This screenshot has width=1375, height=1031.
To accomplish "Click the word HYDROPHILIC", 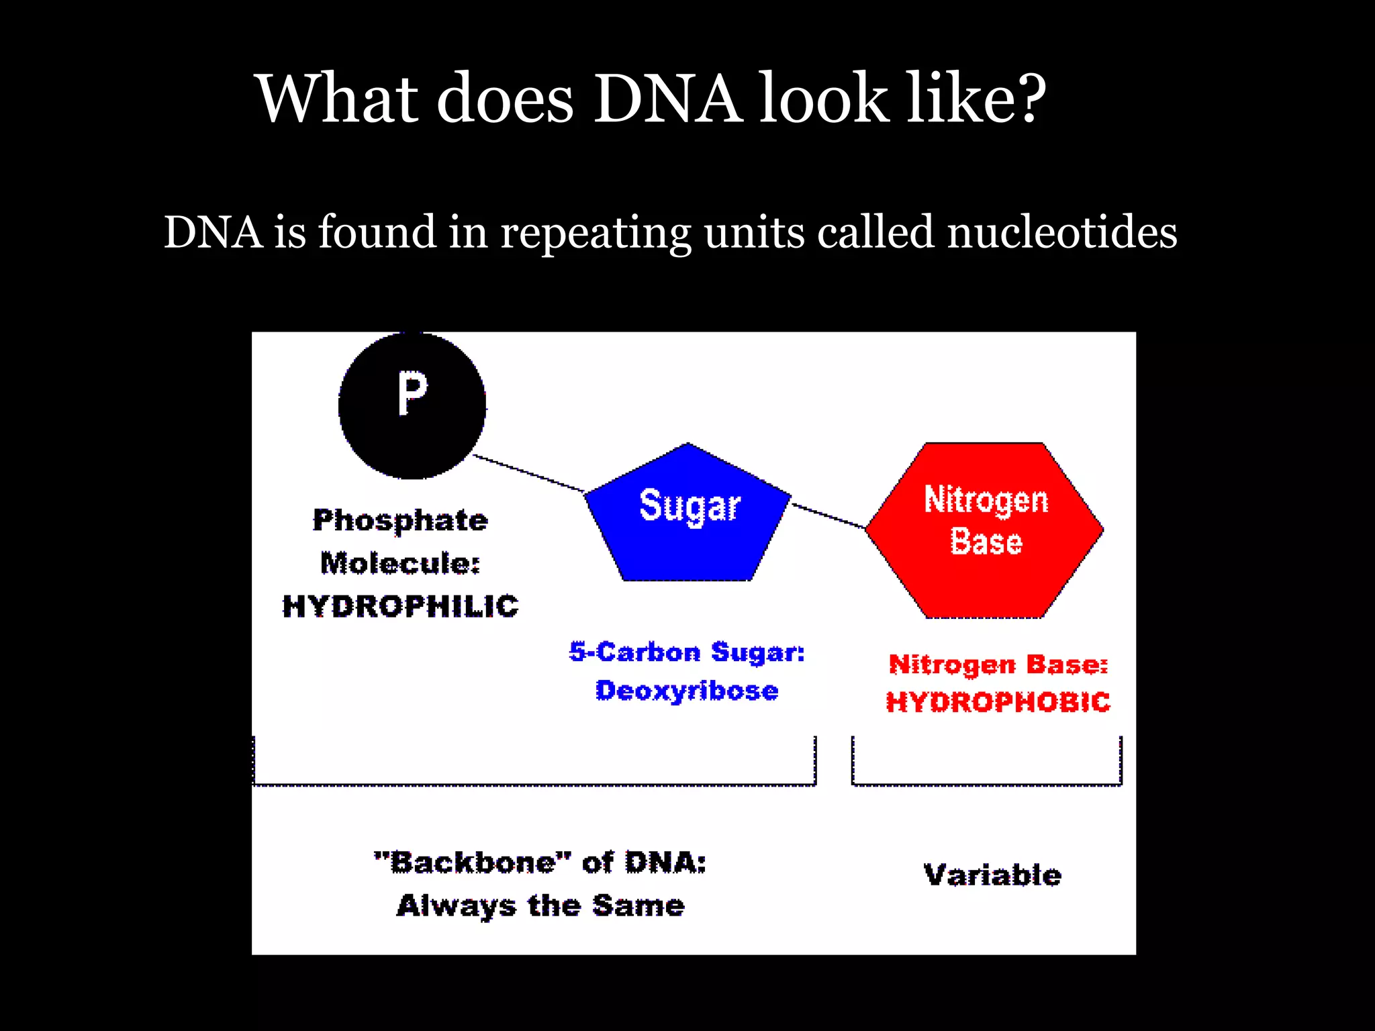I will (x=400, y=606).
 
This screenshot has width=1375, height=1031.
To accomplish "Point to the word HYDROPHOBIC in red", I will (x=998, y=702).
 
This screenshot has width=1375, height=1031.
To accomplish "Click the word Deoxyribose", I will (x=687, y=691).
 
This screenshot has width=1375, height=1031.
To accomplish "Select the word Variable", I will (x=992, y=875).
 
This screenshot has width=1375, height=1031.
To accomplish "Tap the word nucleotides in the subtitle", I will (x=1061, y=232).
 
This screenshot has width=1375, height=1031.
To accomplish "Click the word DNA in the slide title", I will (x=668, y=99).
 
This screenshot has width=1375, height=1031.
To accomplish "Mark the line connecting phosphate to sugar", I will (x=529, y=474).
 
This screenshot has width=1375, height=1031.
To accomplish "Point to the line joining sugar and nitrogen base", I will (x=828, y=515).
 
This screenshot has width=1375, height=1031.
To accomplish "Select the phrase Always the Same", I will (x=540, y=906).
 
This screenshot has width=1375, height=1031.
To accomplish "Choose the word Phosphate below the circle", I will (x=400, y=520).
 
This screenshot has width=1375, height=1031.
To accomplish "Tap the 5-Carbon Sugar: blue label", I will (x=687, y=652).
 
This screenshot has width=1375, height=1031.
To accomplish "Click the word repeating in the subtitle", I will (x=596, y=232).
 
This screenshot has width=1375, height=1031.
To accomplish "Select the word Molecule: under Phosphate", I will (x=400, y=563).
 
